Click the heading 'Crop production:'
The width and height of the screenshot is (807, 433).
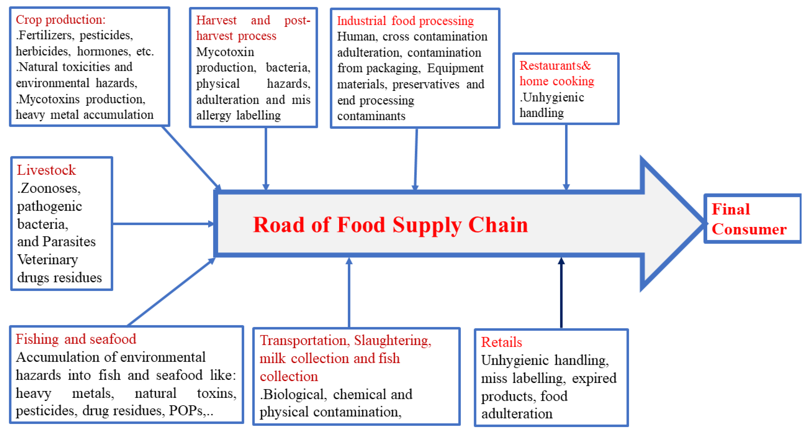click(60, 20)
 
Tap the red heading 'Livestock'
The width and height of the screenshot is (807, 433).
click(46, 170)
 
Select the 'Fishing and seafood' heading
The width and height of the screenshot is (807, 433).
click(76, 339)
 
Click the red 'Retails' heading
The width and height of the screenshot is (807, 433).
click(501, 342)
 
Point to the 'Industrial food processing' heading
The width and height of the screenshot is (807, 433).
click(405, 21)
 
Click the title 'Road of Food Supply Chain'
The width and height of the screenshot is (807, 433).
click(390, 225)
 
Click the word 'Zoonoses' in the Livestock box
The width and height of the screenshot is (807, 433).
click(50, 188)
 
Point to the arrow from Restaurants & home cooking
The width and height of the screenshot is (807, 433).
click(566, 157)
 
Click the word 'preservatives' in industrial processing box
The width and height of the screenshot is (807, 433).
click(426, 84)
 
